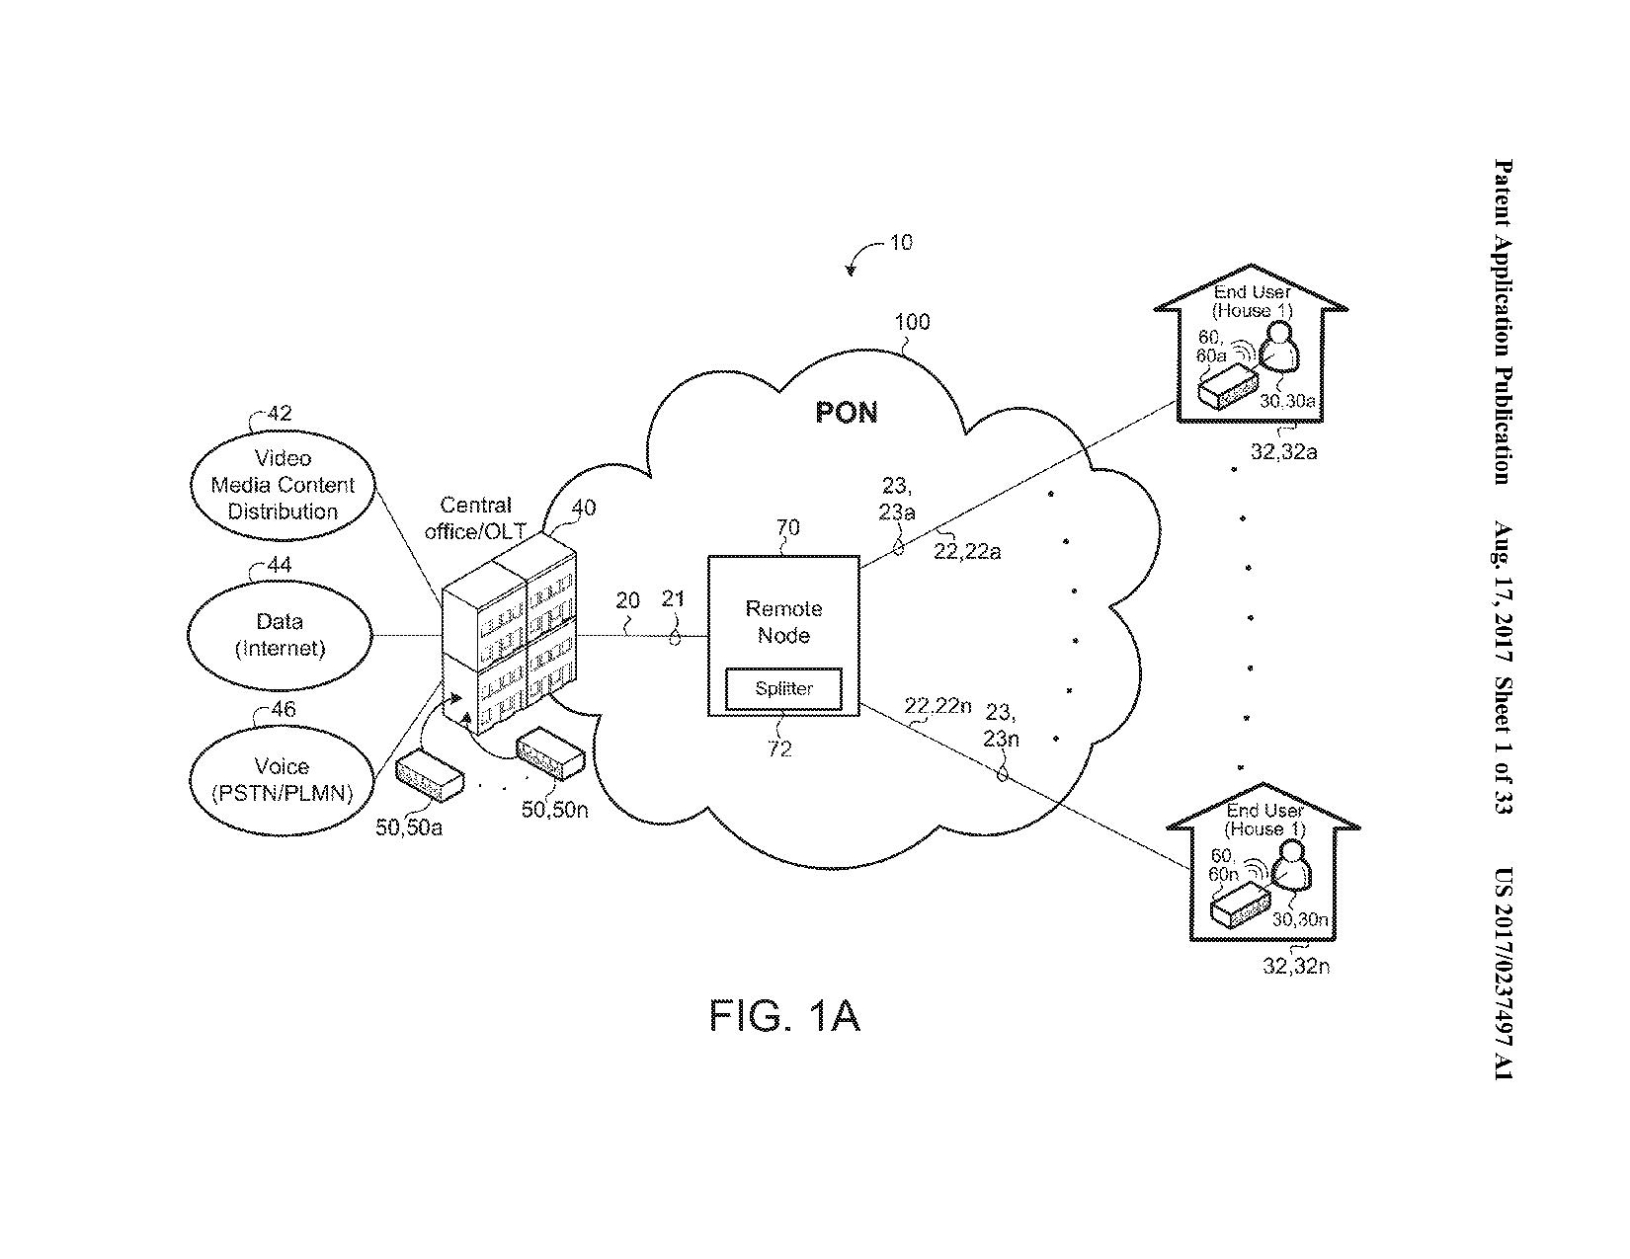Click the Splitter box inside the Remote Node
pyautogui.click(x=783, y=689)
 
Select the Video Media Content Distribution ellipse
pyautogui.click(x=283, y=485)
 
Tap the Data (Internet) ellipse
pyautogui.click(x=280, y=635)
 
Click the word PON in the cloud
pyautogui.click(x=847, y=412)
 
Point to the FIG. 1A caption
pyautogui.click(x=784, y=1016)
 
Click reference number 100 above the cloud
pyautogui.click(x=911, y=322)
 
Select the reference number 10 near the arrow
pyautogui.click(x=901, y=242)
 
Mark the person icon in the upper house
pyautogui.click(x=1281, y=351)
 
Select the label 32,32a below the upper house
pyautogui.click(x=1283, y=452)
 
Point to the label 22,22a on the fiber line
pyautogui.click(x=966, y=552)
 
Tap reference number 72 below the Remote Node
pyautogui.click(x=779, y=749)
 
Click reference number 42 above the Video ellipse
pyautogui.click(x=280, y=414)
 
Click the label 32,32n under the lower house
pyautogui.click(x=1295, y=966)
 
